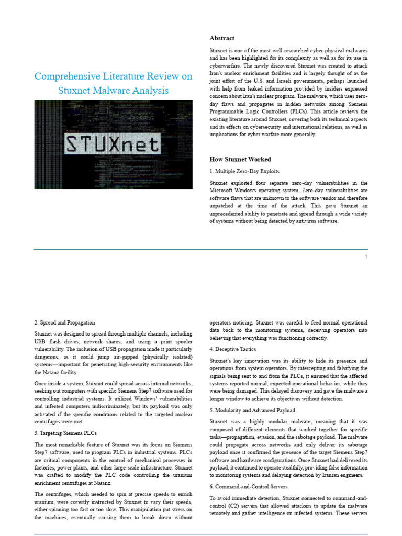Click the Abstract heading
pos(222,38)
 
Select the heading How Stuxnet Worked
pos(240,159)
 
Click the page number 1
pos(366,256)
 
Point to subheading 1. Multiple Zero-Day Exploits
pos(244,171)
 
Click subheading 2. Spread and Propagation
pos(65,322)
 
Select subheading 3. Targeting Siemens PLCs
pos(66,433)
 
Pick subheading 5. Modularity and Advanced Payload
pos(252,410)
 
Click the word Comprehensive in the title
pos(64,76)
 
